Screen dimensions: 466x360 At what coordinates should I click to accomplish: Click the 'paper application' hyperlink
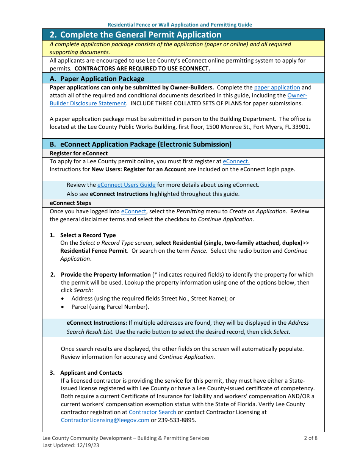click(277, 88)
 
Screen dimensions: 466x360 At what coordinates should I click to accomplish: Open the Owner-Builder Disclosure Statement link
click(88, 103)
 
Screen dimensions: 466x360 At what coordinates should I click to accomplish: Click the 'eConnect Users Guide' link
click(126, 185)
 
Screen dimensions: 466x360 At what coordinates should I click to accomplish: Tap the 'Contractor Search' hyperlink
click(152, 412)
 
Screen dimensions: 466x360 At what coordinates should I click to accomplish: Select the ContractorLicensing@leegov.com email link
click(105, 420)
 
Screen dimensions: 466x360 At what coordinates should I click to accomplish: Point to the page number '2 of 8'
click(310, 438)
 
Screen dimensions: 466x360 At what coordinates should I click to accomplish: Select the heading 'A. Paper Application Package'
click(97, 79)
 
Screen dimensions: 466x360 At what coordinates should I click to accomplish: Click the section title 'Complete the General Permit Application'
click(141, 35)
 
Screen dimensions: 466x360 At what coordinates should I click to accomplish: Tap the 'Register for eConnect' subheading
click(78, 153)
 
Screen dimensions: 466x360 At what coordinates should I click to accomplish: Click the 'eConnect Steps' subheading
click(70, 203)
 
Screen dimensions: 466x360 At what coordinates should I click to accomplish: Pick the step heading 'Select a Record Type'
click(88, 235)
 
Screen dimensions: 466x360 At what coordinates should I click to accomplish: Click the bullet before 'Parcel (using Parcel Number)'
click(63, 307)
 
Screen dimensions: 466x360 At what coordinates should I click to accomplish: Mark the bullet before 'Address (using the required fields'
click(63, 299)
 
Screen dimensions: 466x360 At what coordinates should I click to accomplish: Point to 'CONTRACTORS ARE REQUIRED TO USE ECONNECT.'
click(142, 69)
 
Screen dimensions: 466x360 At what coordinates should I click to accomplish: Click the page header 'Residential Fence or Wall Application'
click(180, 25)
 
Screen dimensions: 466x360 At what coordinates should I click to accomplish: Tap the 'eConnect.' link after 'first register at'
click(236, 161)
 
